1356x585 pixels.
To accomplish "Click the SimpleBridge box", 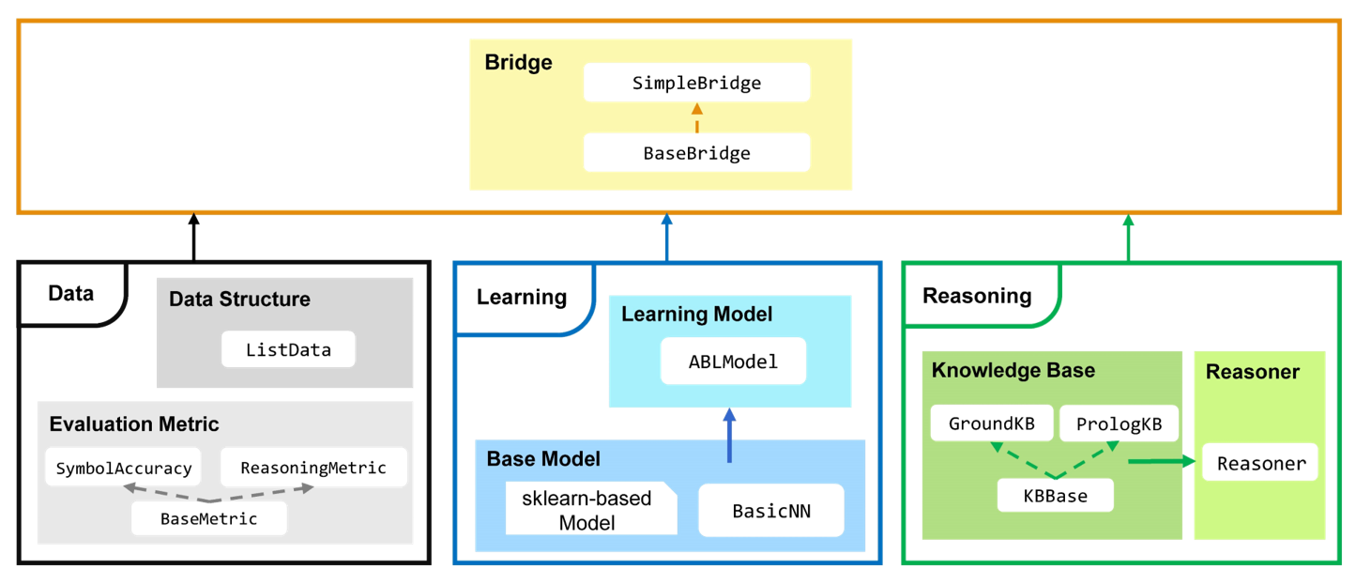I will (696, 83).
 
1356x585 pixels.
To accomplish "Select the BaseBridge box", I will (696, 153).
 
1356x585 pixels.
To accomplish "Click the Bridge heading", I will (518, 63).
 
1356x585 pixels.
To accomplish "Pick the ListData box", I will (289, 349).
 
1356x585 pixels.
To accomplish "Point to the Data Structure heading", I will (239, 300).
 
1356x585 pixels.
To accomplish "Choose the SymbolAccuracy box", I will (122, 467).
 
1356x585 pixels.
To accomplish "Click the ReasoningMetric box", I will (313, 467).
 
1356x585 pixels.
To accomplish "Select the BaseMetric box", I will (208, 517).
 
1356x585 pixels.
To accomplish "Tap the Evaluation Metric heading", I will (134, 424).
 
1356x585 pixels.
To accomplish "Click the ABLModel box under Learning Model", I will (732, 361).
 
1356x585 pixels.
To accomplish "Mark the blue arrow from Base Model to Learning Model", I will (728, 436).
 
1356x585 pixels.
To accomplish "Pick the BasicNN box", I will (770, 510).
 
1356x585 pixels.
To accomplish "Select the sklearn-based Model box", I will (590, 509).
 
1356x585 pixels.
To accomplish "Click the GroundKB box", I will (991, 423).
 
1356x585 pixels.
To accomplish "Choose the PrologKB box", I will (1118, 423).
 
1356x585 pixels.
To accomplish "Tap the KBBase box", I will (1055, 495).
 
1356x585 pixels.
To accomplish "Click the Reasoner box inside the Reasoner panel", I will (1259, 464).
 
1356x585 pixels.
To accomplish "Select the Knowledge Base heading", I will (1013, 370).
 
